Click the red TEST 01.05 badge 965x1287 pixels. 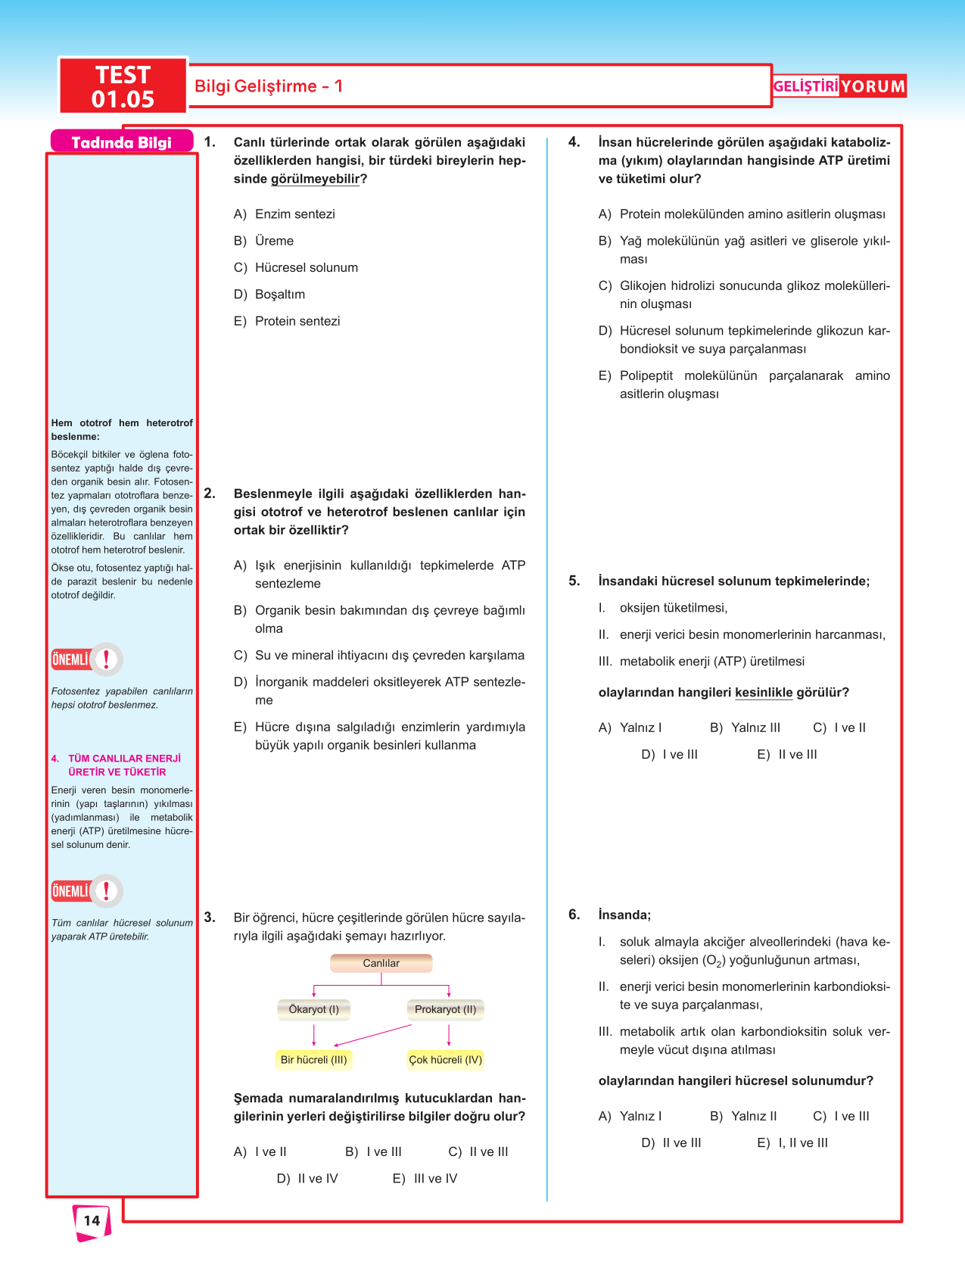click(x=123, y=86)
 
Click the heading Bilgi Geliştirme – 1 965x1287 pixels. click(x=269, y=86)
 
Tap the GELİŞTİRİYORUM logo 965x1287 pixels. click(x=839, y=86)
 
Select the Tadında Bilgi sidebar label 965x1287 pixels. click(x=121, y=142)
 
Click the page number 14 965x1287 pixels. click(x=92, y=1220)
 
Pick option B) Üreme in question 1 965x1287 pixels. click(x=264, y=241)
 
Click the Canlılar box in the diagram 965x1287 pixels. click(x=381, y=963)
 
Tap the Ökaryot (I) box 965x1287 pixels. click(x=314, y=1009)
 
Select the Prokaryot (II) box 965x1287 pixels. click(x=446, y=1009)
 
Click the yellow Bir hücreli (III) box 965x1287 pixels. click(x=313, y=1060)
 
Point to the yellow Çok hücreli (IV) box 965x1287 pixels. click(x=445, y=1060)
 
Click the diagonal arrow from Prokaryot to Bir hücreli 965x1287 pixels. click(x=372, y=1036)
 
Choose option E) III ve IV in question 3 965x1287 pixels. click(x=425, y=1179)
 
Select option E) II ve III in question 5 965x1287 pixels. click(x=787, y=755)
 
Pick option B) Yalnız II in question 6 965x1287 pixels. click(x=743, y=1116)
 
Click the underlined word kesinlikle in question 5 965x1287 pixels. click(x=764, y=693)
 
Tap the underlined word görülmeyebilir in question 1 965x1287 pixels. click(x=315, y=179)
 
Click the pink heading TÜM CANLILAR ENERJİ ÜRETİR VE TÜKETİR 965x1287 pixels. click(x=117, y=765)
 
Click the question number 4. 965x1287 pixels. click(x=574, y=142)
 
